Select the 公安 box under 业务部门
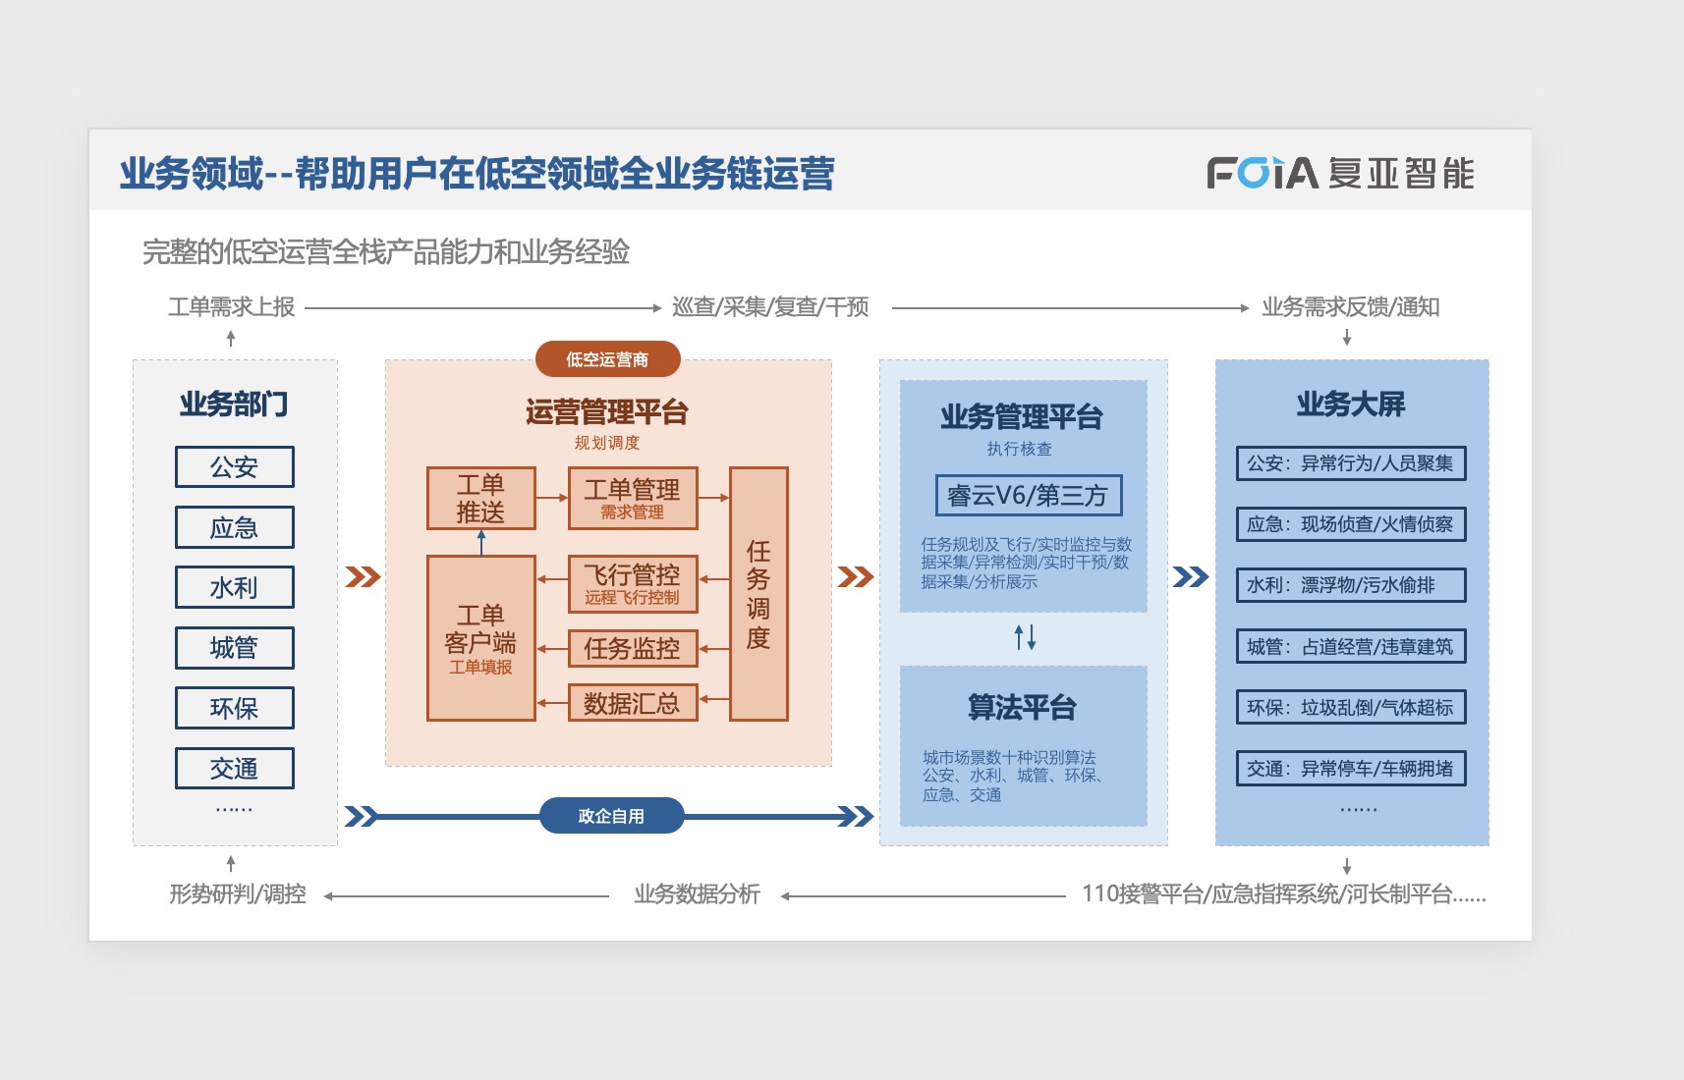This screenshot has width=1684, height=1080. click(x=234, y=467)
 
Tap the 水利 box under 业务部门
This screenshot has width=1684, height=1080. click(x=234, y=588)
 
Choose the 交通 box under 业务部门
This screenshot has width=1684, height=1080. click(x=234, y=769)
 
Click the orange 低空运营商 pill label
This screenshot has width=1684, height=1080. click(x=607, y=359)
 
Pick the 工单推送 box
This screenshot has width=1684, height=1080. click(x=480, y=499)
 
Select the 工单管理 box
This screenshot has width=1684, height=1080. click(x=633, y=499)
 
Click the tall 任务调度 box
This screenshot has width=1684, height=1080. click(x=758, y=594)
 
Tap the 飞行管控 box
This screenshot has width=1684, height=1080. click(x=633, y=584)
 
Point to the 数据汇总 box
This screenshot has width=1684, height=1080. click(x=633, y=703)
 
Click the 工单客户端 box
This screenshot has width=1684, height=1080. click(x=480, y=638)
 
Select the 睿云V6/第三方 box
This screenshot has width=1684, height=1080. click(x=1028, y=496)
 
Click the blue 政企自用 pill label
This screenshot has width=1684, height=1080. click(x=611, y=816)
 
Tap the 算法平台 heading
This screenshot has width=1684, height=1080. click(x=1022, y=707)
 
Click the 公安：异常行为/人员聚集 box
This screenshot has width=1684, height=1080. click(x=1350, y=463)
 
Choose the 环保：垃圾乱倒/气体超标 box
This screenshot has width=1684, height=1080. click(x=1350, y=708)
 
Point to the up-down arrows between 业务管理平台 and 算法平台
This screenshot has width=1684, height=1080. click(x=1025, y=638)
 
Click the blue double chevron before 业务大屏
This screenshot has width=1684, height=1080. click(x=1191, y=576)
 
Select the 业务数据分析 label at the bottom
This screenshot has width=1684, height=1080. click(x=697, y=894)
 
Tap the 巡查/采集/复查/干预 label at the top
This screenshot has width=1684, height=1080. click(x=770, y=307)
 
